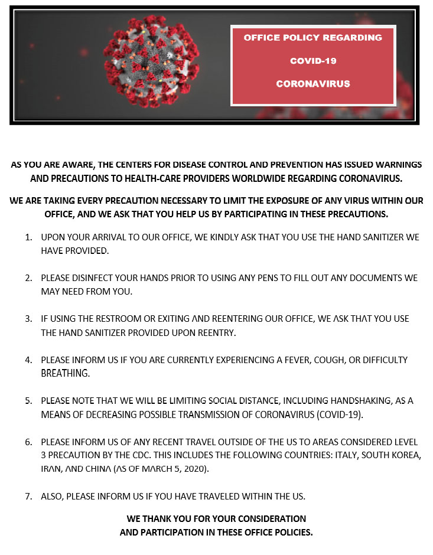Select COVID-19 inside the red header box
click(x=313, y=61)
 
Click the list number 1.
click(x=28, y=237)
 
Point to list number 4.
click(x=28, y=360)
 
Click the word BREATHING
click(x=65, y=373)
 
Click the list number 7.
click(x=28, y=496)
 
